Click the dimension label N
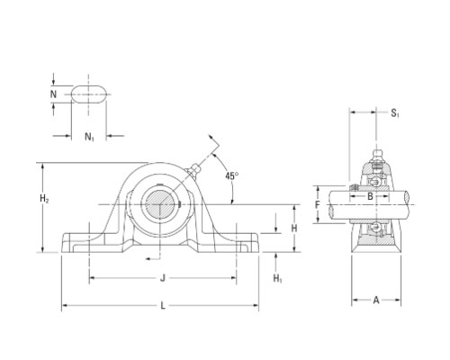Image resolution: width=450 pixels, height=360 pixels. coord(53,94)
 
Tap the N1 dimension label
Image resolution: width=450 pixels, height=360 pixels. coord(89,137)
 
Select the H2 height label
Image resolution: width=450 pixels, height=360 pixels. coord(44,198)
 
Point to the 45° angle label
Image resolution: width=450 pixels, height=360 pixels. coord(232,175)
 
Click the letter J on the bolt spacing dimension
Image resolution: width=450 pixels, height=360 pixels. coord(163,278)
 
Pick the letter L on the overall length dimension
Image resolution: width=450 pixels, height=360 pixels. coord(163,306)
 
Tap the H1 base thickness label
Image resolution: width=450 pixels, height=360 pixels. coord(277,279)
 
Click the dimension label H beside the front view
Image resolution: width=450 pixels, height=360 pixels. coord(294,229)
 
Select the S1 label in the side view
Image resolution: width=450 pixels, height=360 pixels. coord(395,113)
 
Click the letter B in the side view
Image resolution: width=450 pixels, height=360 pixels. coord(370,196)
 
